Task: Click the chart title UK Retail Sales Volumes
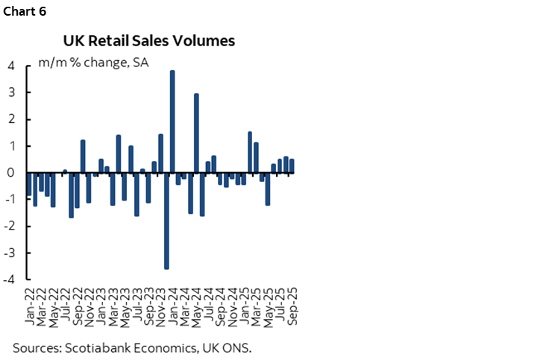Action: pyautogui.click(x=149, y=41)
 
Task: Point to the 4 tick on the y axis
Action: pyautogui.click(x=10, y=66)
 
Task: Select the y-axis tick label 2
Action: pyautogui.click(x=10, y=119)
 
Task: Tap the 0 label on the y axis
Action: pyautogui.click(x=10, y=173)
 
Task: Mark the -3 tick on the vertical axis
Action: pyautogui.click(x=9, y=253)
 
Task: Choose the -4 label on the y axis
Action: pyautogui.click(x=9, y=280)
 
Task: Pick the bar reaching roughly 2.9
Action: pyautogui.click(x=196, y=133)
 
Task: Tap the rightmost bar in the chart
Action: pyautogui.click(x=292, y=166)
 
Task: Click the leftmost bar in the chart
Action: pyautogui.click(x=29, y=184)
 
